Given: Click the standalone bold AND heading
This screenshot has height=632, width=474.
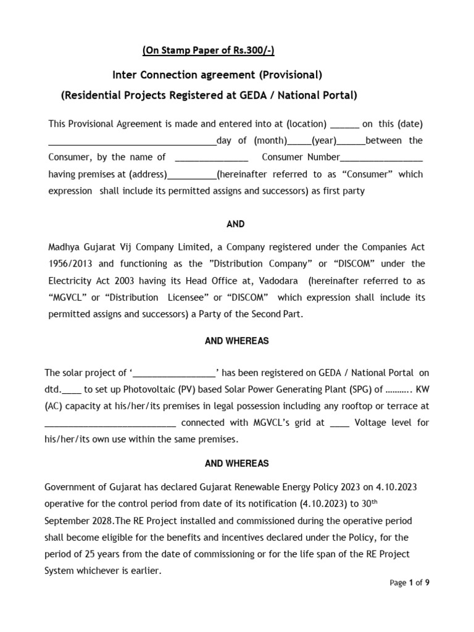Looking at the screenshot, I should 236,224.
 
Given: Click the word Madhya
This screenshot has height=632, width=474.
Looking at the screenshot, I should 64,247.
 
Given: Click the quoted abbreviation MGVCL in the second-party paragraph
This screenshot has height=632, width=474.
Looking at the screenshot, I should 68,297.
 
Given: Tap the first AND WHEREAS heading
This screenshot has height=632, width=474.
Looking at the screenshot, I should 236,341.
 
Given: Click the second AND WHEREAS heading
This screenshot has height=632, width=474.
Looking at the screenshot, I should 236,464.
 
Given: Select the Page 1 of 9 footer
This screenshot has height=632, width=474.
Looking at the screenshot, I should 409,583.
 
